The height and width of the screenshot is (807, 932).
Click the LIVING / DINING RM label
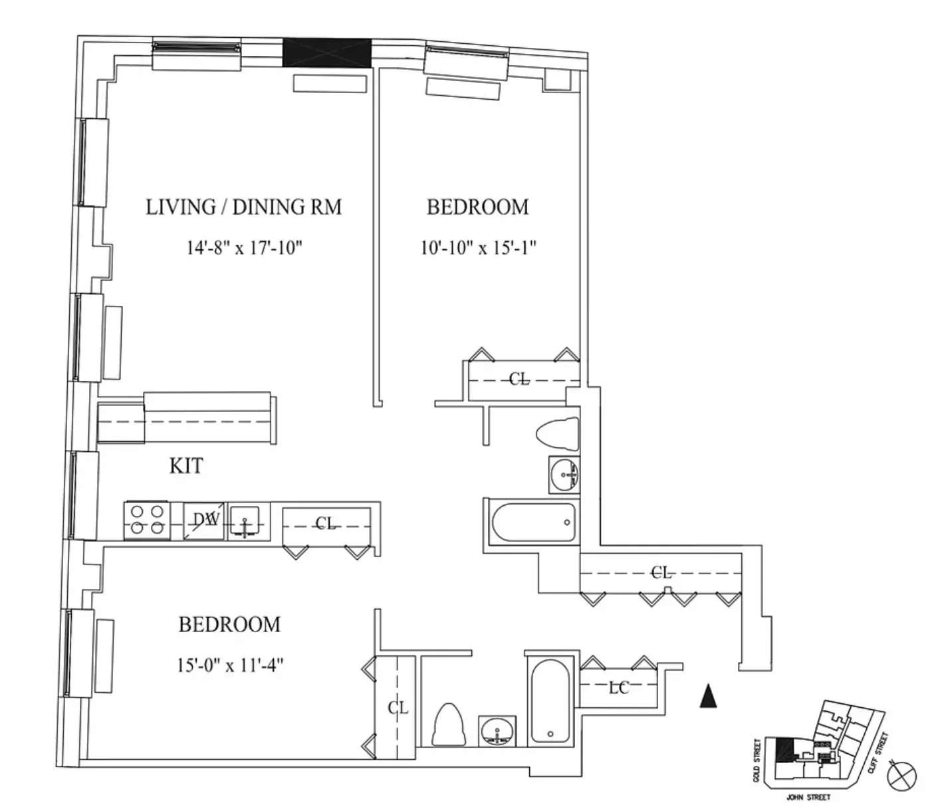(243, 207)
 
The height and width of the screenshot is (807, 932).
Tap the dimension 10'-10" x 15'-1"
(478, 248)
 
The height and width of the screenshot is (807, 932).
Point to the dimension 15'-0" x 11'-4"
(230, 665)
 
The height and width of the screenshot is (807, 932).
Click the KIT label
(186, 466)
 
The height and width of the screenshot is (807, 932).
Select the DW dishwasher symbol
(205, 520)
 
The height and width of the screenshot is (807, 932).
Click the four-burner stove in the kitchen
(144, 520)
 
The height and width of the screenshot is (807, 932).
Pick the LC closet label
(619, 688)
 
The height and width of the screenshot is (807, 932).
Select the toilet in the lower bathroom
(449, 725)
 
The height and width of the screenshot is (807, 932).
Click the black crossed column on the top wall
(326, 53)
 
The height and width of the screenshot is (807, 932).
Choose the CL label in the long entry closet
(661, 572)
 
